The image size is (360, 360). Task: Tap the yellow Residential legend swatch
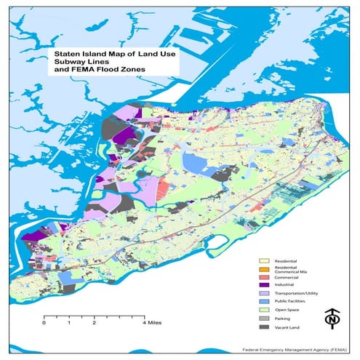(265, 260)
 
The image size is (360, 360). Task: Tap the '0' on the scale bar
(44, 323)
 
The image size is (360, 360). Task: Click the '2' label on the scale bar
(94, 323)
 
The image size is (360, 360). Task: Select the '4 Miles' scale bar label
(153, 323)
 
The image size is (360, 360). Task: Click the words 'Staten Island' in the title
(79, 55)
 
